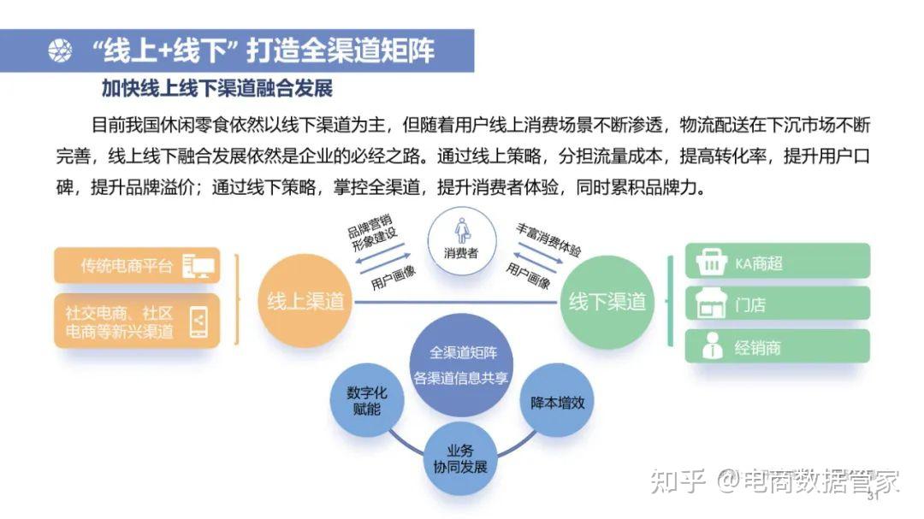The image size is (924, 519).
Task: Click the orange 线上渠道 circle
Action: (305, 301)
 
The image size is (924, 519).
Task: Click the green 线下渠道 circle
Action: (607, 301)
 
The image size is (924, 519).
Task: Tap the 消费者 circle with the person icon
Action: (461, 237)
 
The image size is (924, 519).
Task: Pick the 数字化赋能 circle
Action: (367, 402)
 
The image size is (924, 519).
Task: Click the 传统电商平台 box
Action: (137, 266)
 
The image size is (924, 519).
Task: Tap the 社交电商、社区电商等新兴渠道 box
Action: (137, 321)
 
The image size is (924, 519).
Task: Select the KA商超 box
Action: (777, 262)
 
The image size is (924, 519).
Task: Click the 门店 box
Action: (777, 304)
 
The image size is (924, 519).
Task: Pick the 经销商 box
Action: (777, 347)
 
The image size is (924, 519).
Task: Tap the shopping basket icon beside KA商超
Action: (711, 262)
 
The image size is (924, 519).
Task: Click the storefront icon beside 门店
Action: (711, 304)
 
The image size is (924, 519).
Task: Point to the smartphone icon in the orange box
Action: (198, 321)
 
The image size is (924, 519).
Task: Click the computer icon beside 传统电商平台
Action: (198, 266)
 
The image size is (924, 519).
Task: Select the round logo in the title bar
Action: (61, 51)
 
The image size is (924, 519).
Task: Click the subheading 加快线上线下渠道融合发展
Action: (216, 88)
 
